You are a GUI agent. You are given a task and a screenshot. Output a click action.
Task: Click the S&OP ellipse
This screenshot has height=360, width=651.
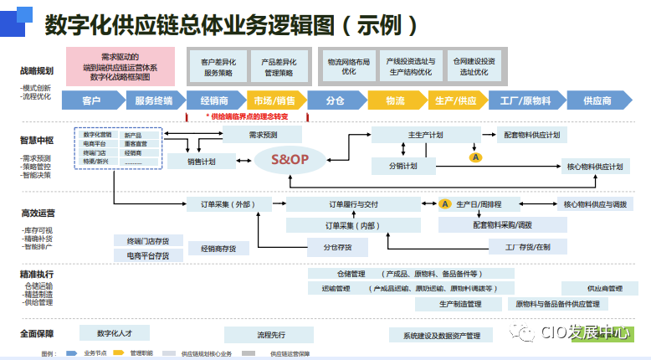[288, 159]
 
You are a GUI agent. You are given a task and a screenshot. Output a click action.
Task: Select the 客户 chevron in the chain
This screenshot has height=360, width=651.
[92, 100]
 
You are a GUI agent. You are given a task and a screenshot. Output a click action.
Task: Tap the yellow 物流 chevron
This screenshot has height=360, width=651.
[396, 100]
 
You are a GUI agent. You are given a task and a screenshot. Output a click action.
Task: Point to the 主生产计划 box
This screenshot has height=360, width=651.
[425, 135]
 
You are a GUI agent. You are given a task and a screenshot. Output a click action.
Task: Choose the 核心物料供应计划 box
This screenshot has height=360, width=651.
[595, 167]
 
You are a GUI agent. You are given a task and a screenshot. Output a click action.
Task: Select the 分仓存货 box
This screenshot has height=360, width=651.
[326, 247]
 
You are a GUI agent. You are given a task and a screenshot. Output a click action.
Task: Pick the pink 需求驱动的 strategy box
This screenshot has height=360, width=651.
[120, 66]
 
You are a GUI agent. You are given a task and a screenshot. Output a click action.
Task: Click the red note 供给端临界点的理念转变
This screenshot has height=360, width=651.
[247, 116]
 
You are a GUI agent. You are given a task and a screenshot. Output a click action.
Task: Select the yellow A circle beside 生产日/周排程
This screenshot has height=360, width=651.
[445, 203]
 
